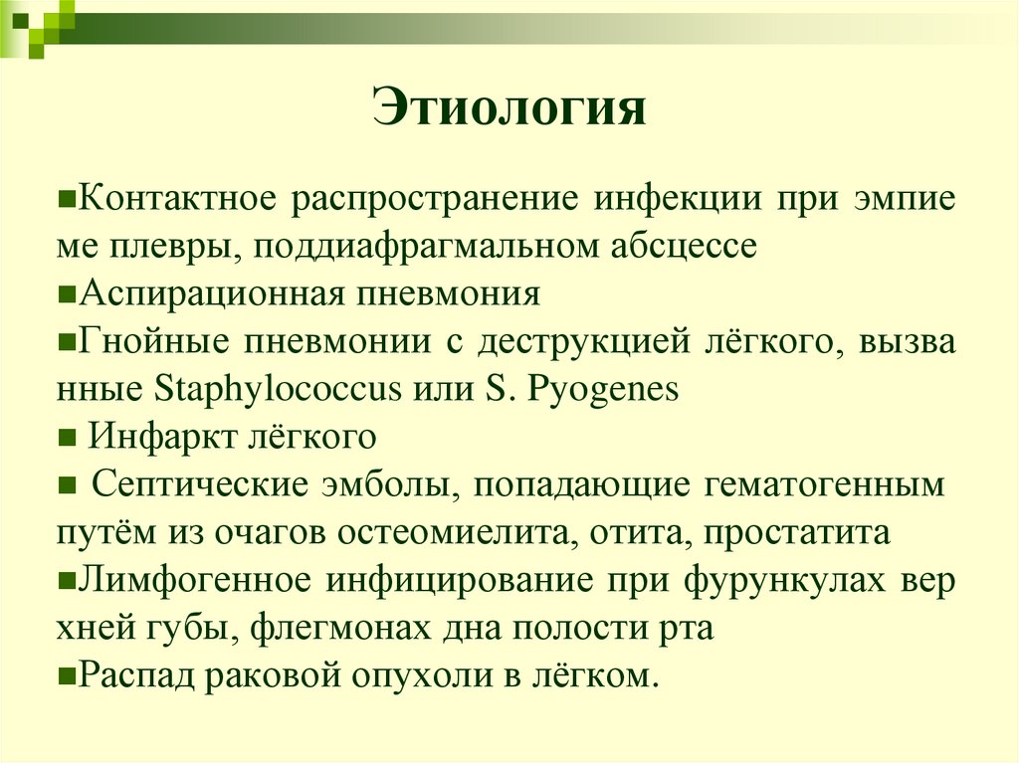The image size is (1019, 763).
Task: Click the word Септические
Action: pyautogui.click(x=199, y=485)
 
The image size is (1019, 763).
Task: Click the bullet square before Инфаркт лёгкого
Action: pyautogui.click(x=67, y=438)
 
